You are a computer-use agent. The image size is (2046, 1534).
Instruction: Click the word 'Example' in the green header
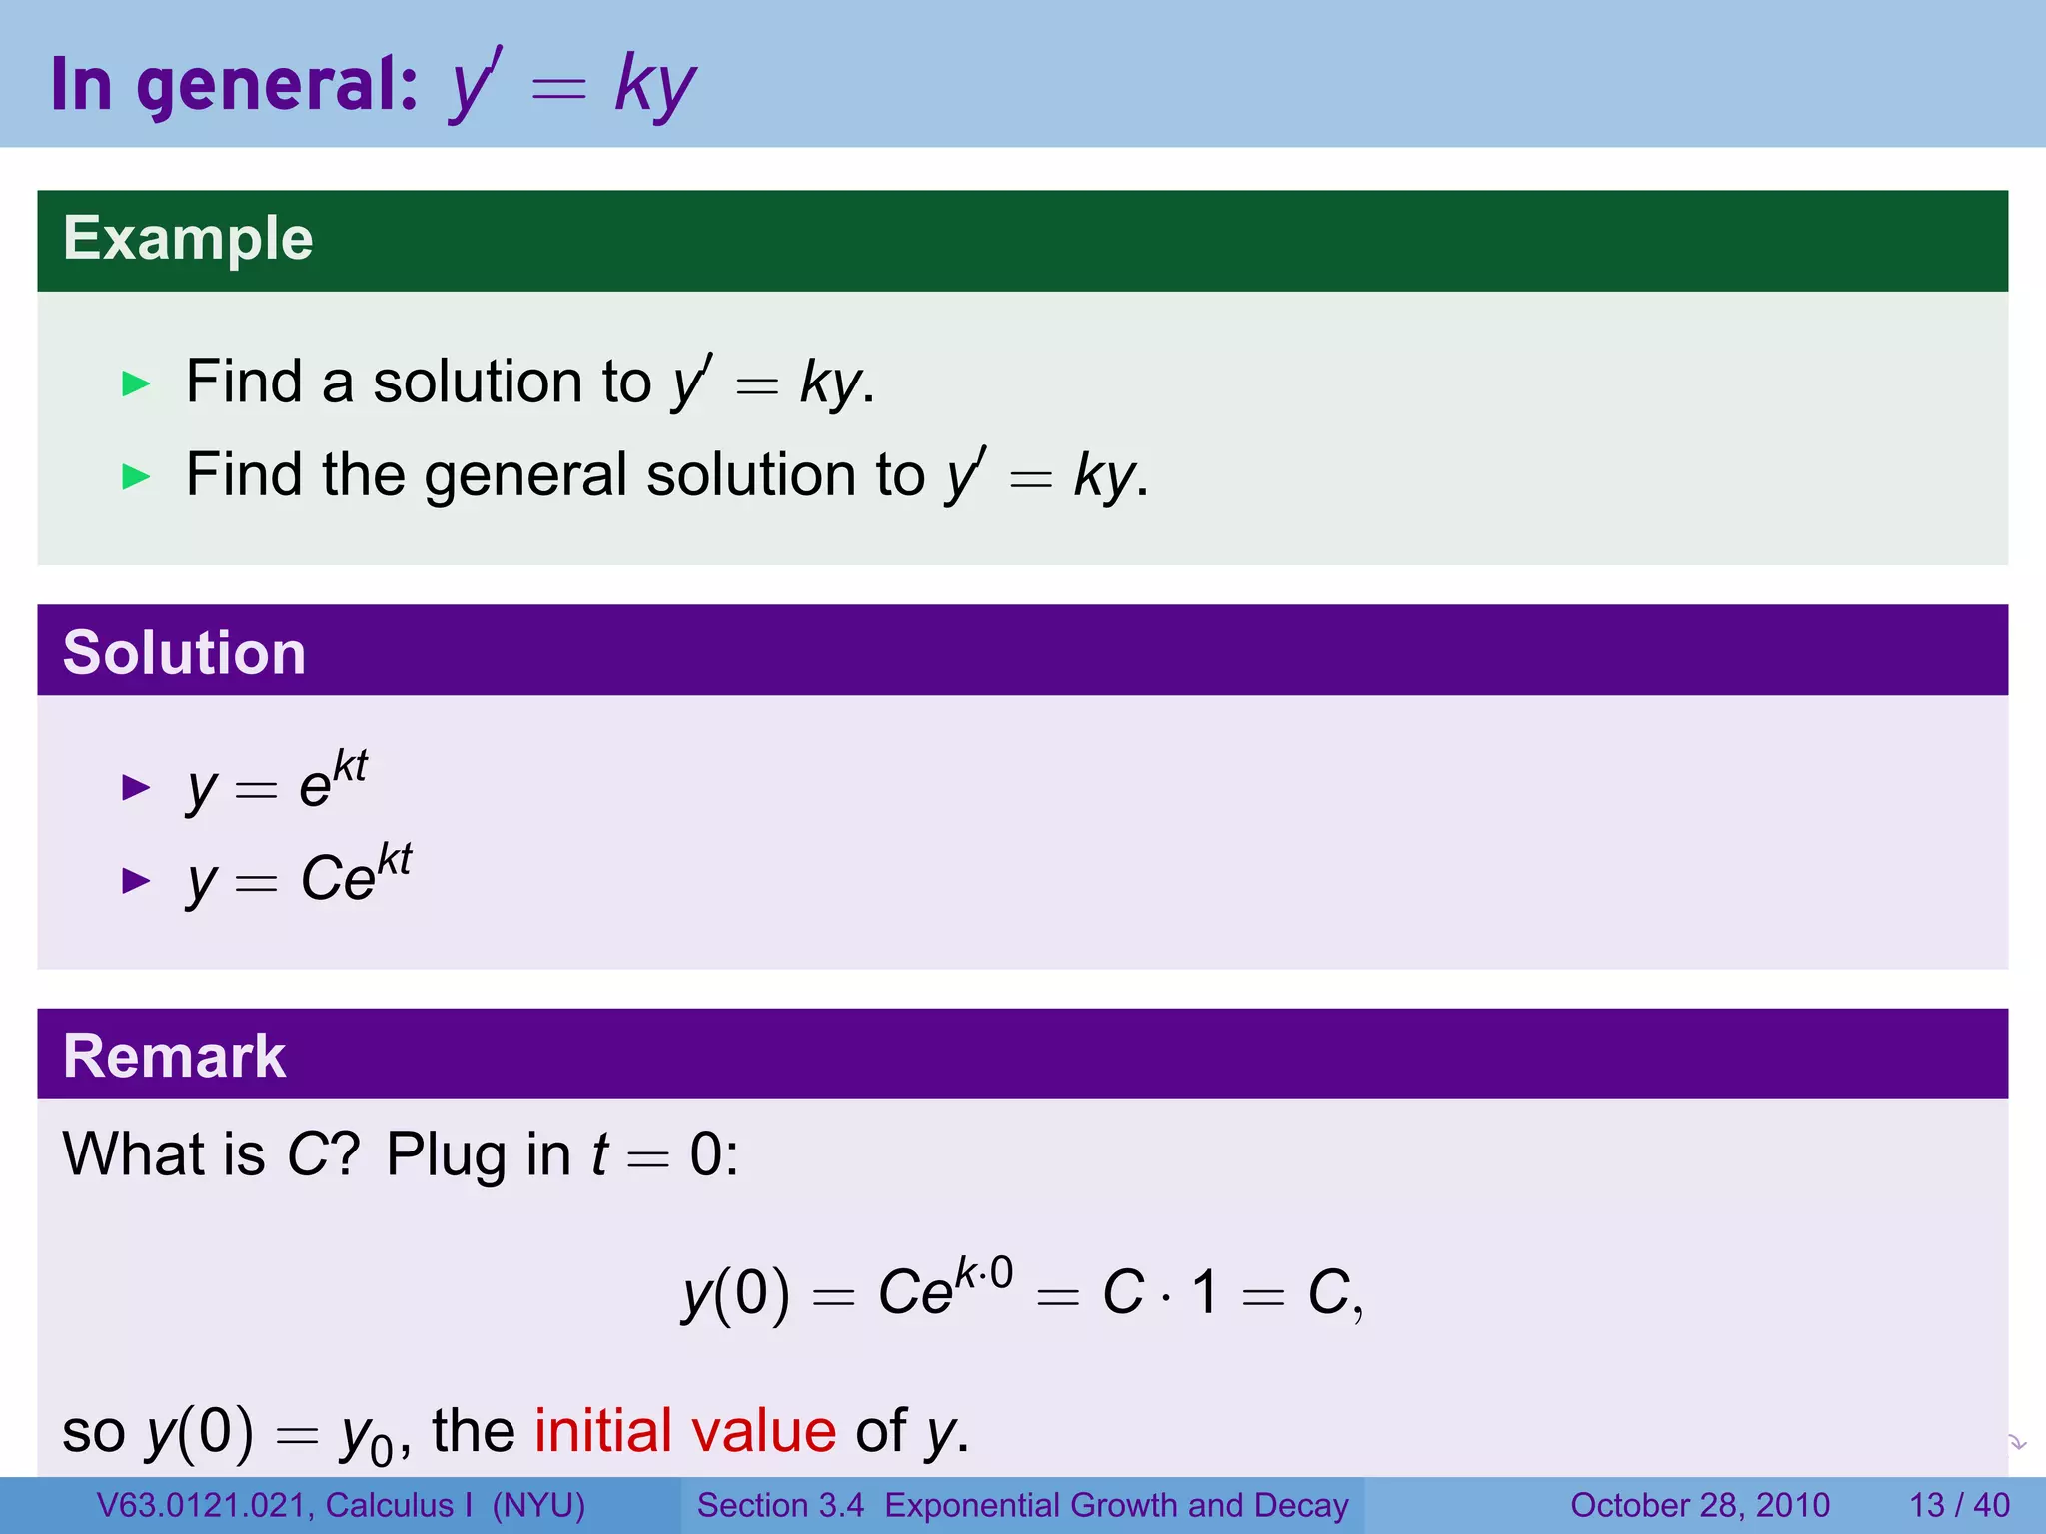(x=188, y=239)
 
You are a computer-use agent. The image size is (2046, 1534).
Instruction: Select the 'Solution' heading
(x=184, y=653)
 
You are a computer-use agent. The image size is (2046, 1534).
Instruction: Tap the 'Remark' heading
(x=174, y=1056)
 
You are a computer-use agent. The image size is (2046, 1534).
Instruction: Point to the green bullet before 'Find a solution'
(x=135, y=383)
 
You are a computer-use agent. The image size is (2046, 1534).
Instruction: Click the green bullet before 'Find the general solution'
(x=135, y=476)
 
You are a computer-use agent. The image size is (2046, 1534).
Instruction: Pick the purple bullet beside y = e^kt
(x=135, y=788)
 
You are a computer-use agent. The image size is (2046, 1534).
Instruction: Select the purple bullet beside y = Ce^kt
(x=135, y=880)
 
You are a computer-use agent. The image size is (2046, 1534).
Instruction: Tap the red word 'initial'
(x=602, y=1430)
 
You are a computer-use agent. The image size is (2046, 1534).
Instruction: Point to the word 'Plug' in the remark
(x=447, y=1155)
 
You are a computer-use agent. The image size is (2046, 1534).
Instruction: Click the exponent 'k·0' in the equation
(x=984, y=1273)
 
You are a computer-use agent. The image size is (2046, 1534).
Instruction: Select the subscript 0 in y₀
(x=381, y=1449)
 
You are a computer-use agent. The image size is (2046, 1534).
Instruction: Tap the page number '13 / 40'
(x=1959, y=1505)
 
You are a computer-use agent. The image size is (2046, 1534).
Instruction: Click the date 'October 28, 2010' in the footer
(x=1699, y=1505)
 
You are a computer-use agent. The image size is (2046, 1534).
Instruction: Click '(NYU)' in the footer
(x=538, y=1505)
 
